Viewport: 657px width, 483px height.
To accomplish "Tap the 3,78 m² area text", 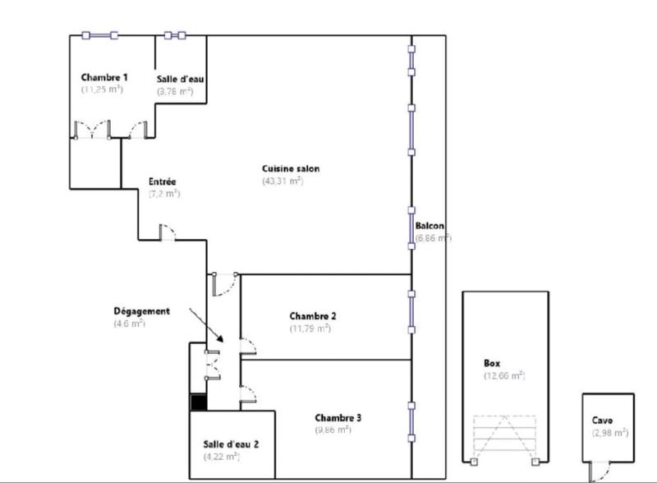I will [x=175, y=91].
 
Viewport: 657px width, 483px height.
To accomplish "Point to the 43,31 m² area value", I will [x=283, y=181].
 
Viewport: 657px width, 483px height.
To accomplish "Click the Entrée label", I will [x=163, y=182].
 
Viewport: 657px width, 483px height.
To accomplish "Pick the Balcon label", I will [x=430, y=226].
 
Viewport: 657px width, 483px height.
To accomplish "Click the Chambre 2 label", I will [x=313, y=315].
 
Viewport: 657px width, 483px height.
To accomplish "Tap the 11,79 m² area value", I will [x=310, y=328].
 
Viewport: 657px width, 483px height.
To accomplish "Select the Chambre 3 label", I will [x=338, y=417].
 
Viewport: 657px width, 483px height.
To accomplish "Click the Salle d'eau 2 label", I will [x=232, y=444].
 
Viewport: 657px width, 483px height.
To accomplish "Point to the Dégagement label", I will [x=141, y=311].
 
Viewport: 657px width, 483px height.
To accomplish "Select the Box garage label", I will [x=493, y=363].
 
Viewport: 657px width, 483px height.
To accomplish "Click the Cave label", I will [x=602, y=420].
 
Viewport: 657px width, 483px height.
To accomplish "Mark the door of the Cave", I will [x=600, y=471].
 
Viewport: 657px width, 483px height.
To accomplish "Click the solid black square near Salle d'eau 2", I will [x=197, y=402].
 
